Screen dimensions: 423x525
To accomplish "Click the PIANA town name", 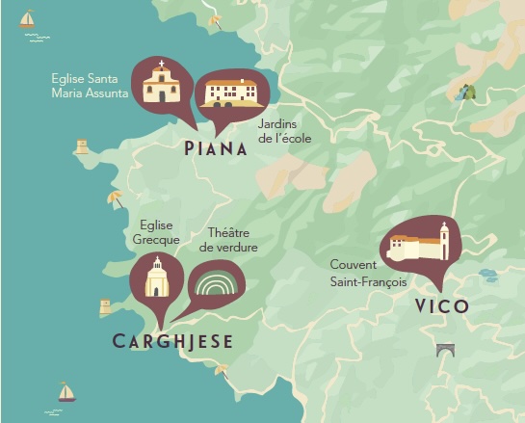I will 215,148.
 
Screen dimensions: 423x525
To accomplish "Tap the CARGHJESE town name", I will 172,342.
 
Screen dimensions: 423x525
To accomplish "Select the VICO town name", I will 441,306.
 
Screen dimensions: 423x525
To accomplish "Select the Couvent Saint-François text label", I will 368,273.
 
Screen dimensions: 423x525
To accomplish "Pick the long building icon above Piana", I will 229,92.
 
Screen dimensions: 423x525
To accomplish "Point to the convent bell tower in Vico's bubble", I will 444,240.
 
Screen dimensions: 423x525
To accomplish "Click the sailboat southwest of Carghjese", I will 66,391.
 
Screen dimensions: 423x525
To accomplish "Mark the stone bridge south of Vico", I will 445,350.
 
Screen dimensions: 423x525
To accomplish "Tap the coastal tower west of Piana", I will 82,146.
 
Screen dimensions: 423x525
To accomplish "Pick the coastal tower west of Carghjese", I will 106,306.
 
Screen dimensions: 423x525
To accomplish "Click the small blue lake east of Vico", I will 487,276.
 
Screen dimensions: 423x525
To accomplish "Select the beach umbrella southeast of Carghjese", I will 222,368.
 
